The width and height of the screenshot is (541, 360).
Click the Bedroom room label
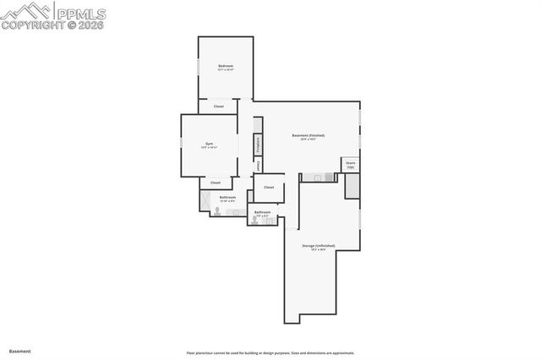225,66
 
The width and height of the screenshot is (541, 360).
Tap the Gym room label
209,144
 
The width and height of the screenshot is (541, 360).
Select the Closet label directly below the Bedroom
218,106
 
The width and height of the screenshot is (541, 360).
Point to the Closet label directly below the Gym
215,183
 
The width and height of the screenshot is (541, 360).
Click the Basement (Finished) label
308,135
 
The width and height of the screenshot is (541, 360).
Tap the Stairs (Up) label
350,164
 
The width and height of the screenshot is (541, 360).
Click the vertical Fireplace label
258,145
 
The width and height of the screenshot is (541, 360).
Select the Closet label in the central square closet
269,188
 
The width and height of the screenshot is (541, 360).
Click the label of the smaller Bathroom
263,212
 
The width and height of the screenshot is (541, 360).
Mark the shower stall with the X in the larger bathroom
204,200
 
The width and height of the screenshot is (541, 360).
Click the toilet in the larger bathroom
217,212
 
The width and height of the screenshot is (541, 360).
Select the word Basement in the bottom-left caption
20,350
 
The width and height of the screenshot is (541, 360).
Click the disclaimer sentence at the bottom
270,353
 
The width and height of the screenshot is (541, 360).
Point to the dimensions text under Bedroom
225,71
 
